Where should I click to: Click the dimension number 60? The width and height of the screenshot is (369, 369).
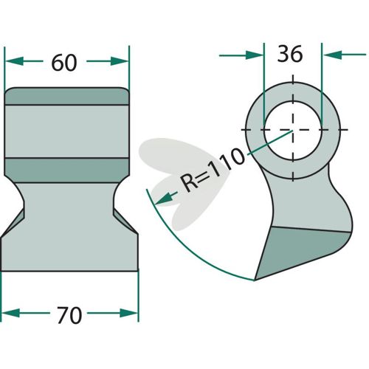pos(64,63)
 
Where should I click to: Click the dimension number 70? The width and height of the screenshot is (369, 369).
pos(69,315)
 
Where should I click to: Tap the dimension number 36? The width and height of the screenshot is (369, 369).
pos(290,54)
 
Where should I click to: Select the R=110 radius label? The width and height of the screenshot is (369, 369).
pos(213,170)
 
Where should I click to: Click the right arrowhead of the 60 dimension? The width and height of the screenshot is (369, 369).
pos(120,61)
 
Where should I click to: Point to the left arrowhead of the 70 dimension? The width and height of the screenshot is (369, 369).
pos(10,313)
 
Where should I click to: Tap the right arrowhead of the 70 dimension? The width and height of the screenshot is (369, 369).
pos(129,313)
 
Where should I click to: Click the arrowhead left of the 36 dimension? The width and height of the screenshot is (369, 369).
pos(255,55)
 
